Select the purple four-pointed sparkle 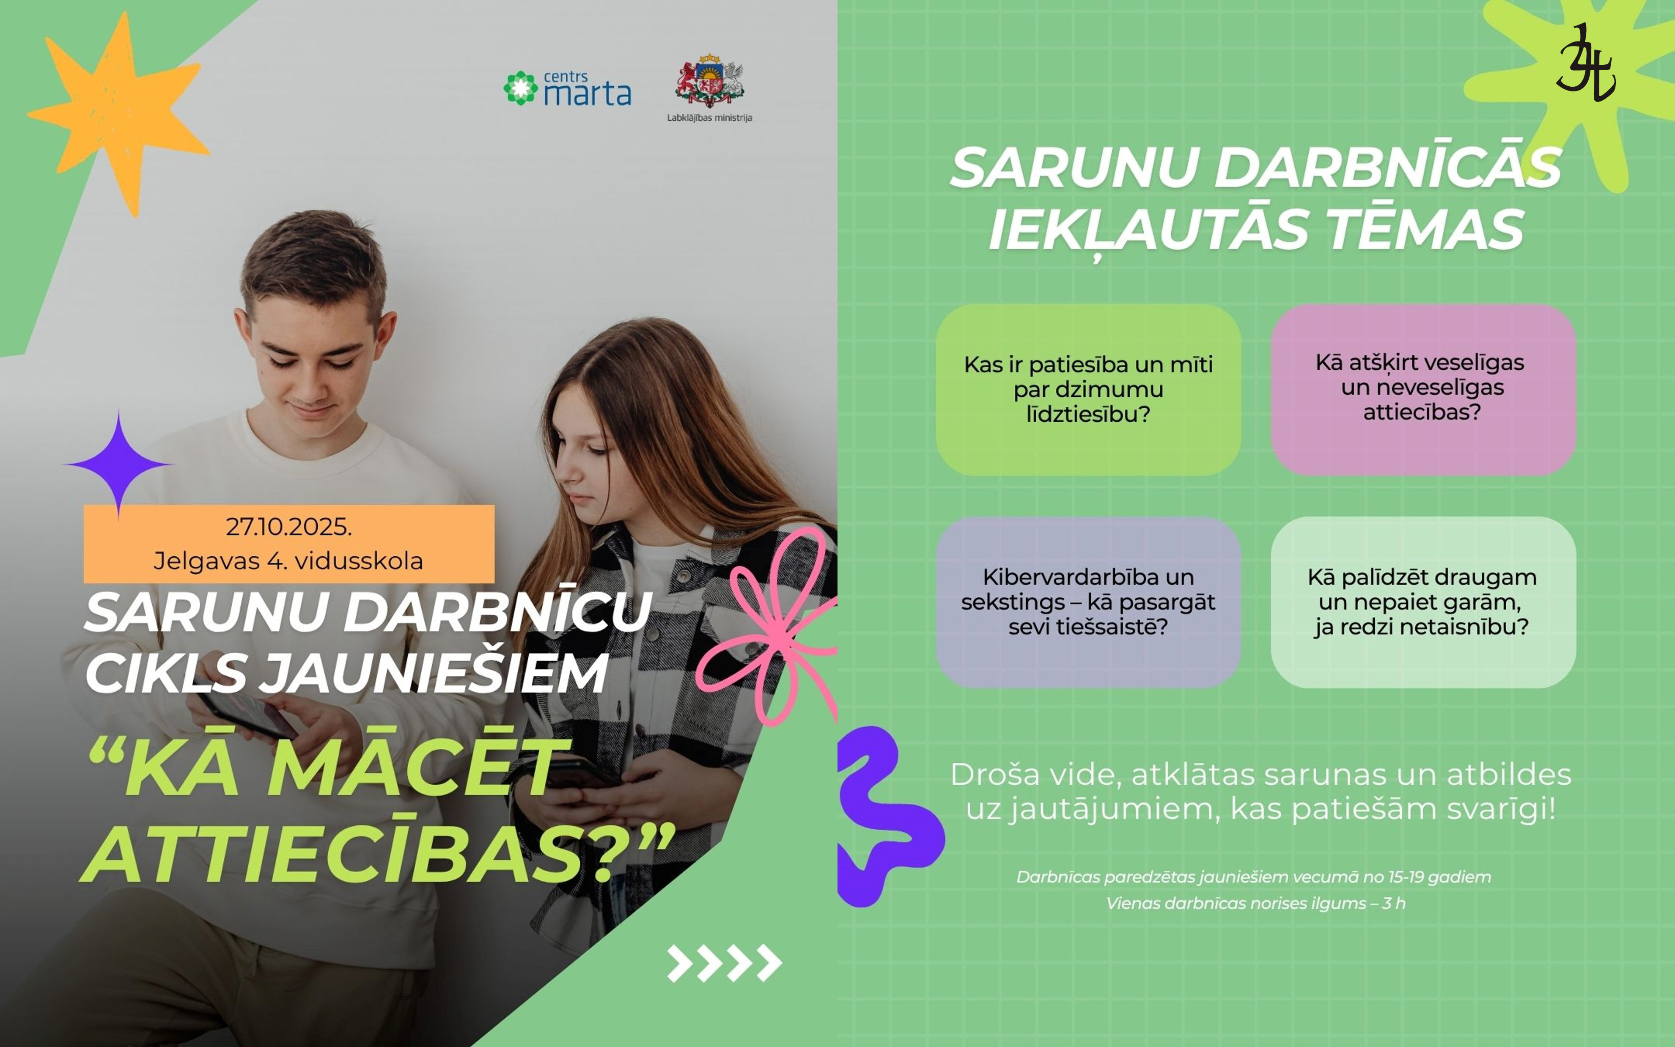point(118,464)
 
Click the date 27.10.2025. point(288,527)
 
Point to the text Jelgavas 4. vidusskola point(288,560)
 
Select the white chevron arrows point(724,962)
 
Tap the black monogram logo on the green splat point(1585,64)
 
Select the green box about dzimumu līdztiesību point(1088,389)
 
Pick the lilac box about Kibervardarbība point(1088,602)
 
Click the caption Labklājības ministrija point(709,118)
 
